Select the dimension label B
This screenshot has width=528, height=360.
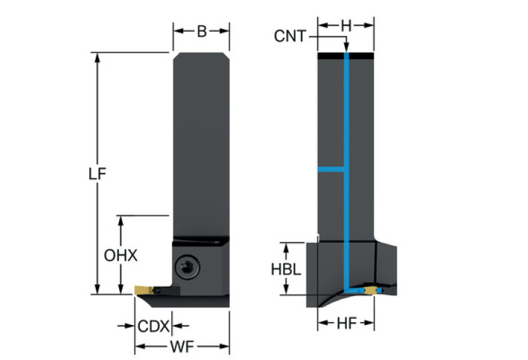click(x=201, y=31)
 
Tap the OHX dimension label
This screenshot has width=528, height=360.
click(x=121, y=255)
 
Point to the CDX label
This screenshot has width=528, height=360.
click(x=153, y=326)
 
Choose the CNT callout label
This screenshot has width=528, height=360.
click(x=290, y=36)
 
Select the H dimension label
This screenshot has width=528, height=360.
click(x=346, y=25)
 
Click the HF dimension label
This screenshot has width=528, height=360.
click(x=346, y=324)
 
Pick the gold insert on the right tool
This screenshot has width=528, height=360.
click(x=372, y=290)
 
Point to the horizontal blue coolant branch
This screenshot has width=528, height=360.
click(x=330, y=169)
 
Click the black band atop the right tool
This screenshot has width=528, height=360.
click(x=346, y=55)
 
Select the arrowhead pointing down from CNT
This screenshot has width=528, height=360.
click(x=347, y=48)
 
